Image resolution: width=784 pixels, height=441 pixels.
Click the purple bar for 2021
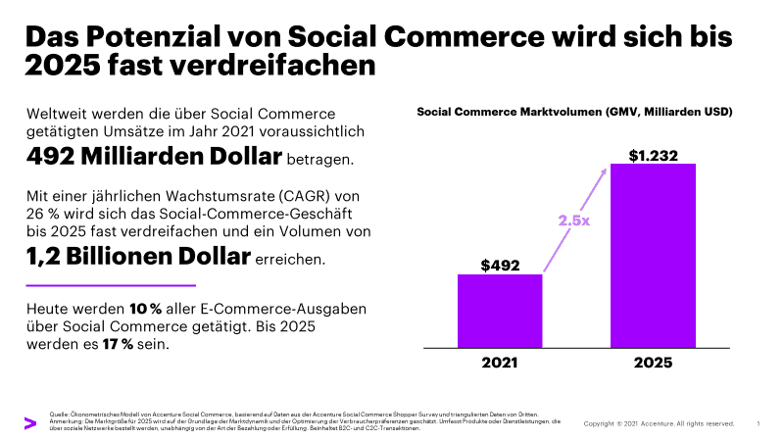coord(500,311)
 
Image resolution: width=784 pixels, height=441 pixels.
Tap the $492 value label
coord(500,265)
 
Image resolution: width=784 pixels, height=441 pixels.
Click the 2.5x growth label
coord(574,220)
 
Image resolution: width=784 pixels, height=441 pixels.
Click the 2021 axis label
coord(500,363)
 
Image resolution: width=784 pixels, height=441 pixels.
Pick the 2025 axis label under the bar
coord(652,363)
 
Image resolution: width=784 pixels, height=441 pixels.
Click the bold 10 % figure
coord(144,309)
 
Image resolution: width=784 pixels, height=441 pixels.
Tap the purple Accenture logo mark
coord(29,422)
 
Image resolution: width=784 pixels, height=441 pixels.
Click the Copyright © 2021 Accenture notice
coord(659,423)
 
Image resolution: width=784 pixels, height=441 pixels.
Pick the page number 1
coord(759,423)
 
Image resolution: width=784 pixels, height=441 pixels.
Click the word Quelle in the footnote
coord(59,416)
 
